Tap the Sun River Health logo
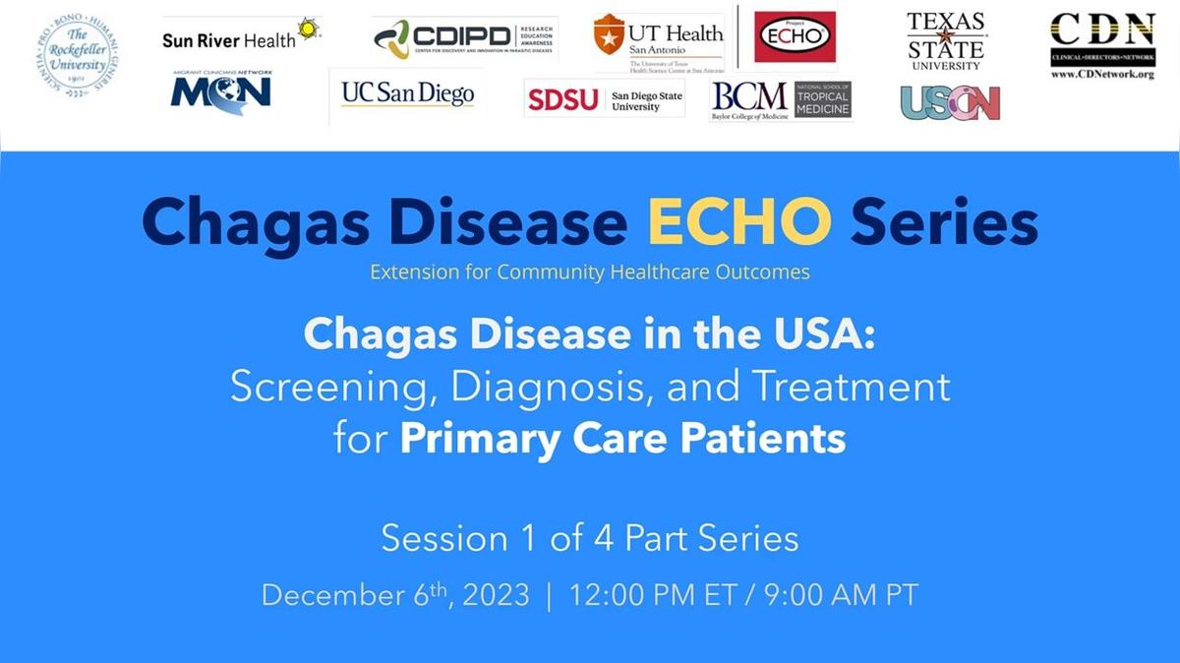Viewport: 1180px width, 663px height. click(x=241, y=36)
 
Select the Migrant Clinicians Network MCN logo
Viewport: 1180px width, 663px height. click(x=221, y=91)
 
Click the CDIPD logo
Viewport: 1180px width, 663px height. click(x=464, y=38)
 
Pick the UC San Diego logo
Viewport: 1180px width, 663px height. click(x=407, y=94)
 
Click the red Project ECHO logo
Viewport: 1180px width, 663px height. click(x=795, y=36)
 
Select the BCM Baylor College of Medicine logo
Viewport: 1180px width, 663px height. click(x=780, y=99)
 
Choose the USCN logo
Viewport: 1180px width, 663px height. click(x=950, y=102)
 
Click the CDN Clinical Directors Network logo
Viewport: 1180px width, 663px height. click(x=1102, y=45)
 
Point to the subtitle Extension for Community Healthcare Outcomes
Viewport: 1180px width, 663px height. click(x=590, y=272)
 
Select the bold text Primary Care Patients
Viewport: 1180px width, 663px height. click(x=622, y=437)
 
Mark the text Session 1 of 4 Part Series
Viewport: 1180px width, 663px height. click(x=590, y=539)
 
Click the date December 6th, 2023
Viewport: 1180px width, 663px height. click(x=395, y=595)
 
